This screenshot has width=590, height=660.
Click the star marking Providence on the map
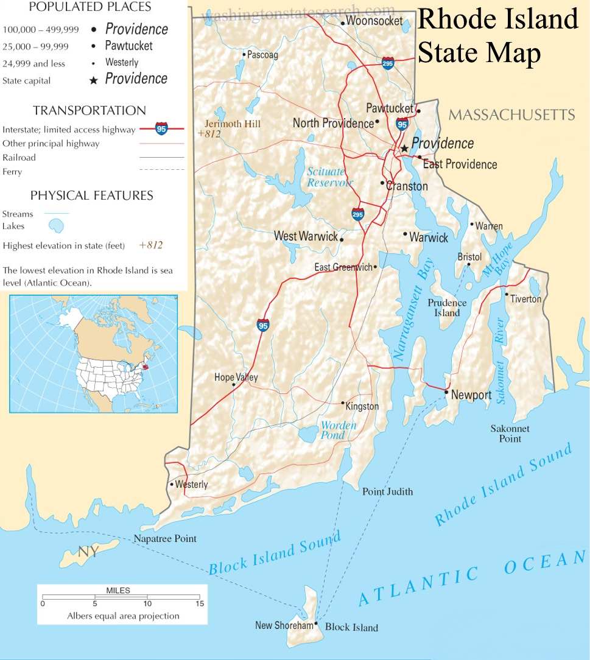tap(404, 148)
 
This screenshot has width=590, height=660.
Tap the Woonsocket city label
tap(374, 21)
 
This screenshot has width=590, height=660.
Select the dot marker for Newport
tap(446, 393)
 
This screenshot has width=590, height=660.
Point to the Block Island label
tap(351, 627)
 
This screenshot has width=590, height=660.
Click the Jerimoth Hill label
tap(232, 124)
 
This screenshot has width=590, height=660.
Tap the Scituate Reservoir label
tap(329, 177)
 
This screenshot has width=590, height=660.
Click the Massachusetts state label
tap(511, 114)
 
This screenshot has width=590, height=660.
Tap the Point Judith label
tap(387, 491)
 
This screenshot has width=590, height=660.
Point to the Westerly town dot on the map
tap(171, 485)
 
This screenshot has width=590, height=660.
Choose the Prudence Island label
tap(447, 307)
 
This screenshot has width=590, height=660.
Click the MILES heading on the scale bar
tap(118, 591)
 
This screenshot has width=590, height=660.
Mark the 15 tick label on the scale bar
tap(198, 604)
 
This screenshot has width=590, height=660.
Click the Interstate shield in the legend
tap(161, 128)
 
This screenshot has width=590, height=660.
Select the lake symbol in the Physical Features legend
tap(55, 226)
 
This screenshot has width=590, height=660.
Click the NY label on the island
tap(87, 552)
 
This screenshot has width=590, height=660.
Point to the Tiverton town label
tap(525, 299)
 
